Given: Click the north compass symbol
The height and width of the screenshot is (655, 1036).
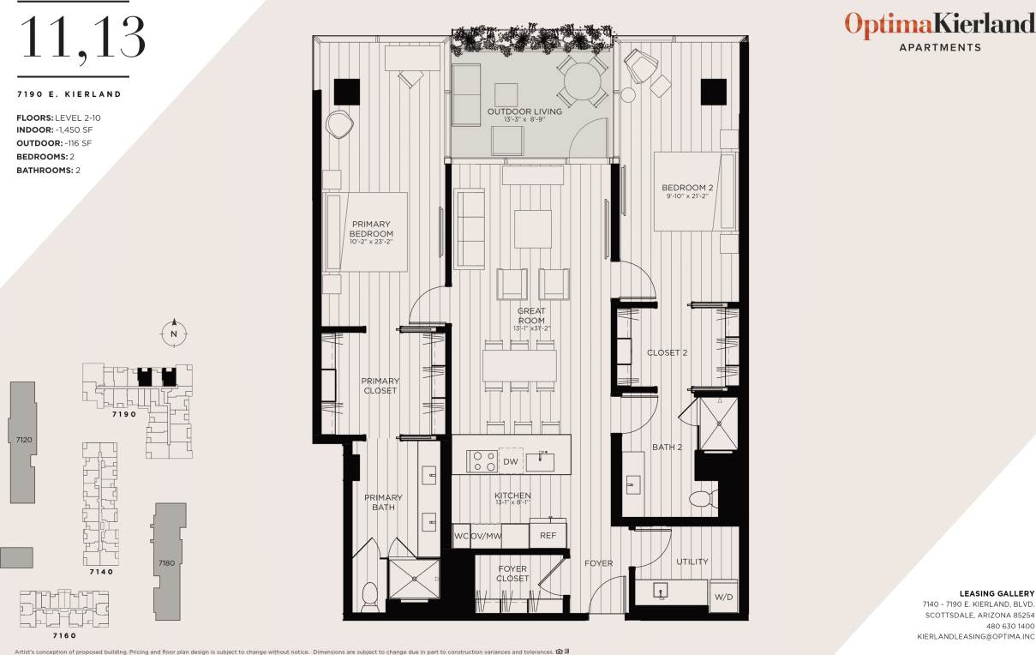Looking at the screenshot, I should tap(174, 333).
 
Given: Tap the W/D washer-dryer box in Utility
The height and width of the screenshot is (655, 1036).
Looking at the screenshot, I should tap(723, 596).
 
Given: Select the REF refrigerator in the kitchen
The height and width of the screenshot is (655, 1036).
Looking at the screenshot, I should tap(548, 535).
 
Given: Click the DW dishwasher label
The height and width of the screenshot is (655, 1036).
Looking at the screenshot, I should tap(511, 462).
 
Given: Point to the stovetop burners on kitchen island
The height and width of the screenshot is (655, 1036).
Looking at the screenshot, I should tap(482, 461).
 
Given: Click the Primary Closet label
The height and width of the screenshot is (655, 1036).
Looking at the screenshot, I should tap(380, 386).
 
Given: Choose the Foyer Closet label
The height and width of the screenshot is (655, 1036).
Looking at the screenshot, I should tap(513, 574).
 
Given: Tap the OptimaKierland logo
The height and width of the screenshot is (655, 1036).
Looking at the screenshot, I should tap(939, 24).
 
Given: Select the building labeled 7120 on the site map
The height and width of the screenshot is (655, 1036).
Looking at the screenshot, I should tap(23, 440).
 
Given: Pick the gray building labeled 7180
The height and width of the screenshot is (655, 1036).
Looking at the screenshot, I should tap(167, 562).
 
